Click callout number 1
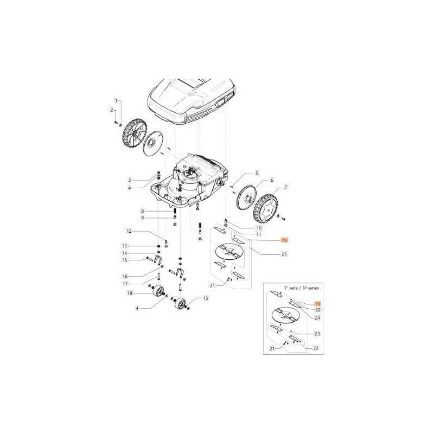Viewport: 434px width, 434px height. tap(115, 101)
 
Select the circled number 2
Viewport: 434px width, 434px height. tap(112, 111)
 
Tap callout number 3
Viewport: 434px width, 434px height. tap(130, 180)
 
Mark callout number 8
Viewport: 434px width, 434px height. tap(142, 210)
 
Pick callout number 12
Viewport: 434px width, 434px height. tap(129, 232)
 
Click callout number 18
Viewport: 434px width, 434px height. tap(129, 293)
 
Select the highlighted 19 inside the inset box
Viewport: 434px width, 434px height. tap(318, 305)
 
